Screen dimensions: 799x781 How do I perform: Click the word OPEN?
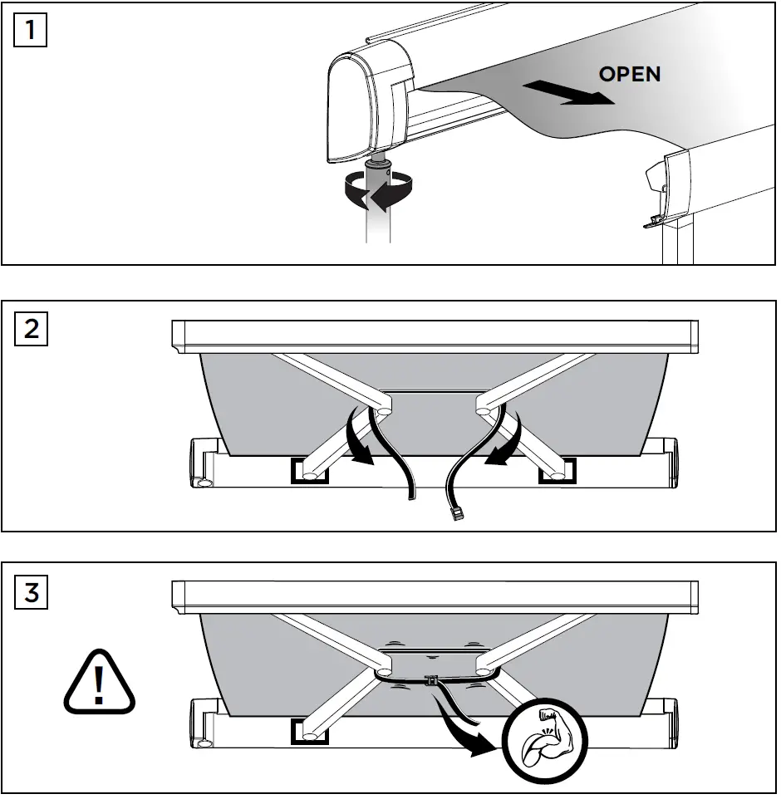click(x=630, y=74)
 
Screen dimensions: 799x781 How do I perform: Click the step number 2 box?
click(x=31, y=329)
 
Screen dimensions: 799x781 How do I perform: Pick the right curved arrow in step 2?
click(x=507, y=440)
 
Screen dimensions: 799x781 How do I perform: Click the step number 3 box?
click(x=31, y=594)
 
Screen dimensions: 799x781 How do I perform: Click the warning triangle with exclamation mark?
click(x=100, y=684)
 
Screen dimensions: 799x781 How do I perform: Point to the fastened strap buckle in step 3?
click(x=431, y=680)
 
